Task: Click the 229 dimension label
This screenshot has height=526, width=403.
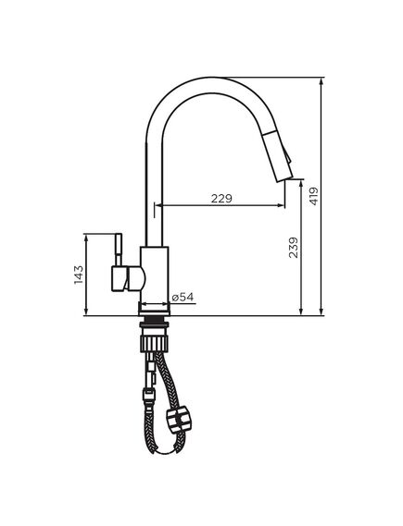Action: click(220, 198)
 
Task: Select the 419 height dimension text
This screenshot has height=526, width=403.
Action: click(314, 197)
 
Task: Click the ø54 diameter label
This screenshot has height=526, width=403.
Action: click(183, 297)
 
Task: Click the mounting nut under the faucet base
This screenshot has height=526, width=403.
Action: click(154, 326)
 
